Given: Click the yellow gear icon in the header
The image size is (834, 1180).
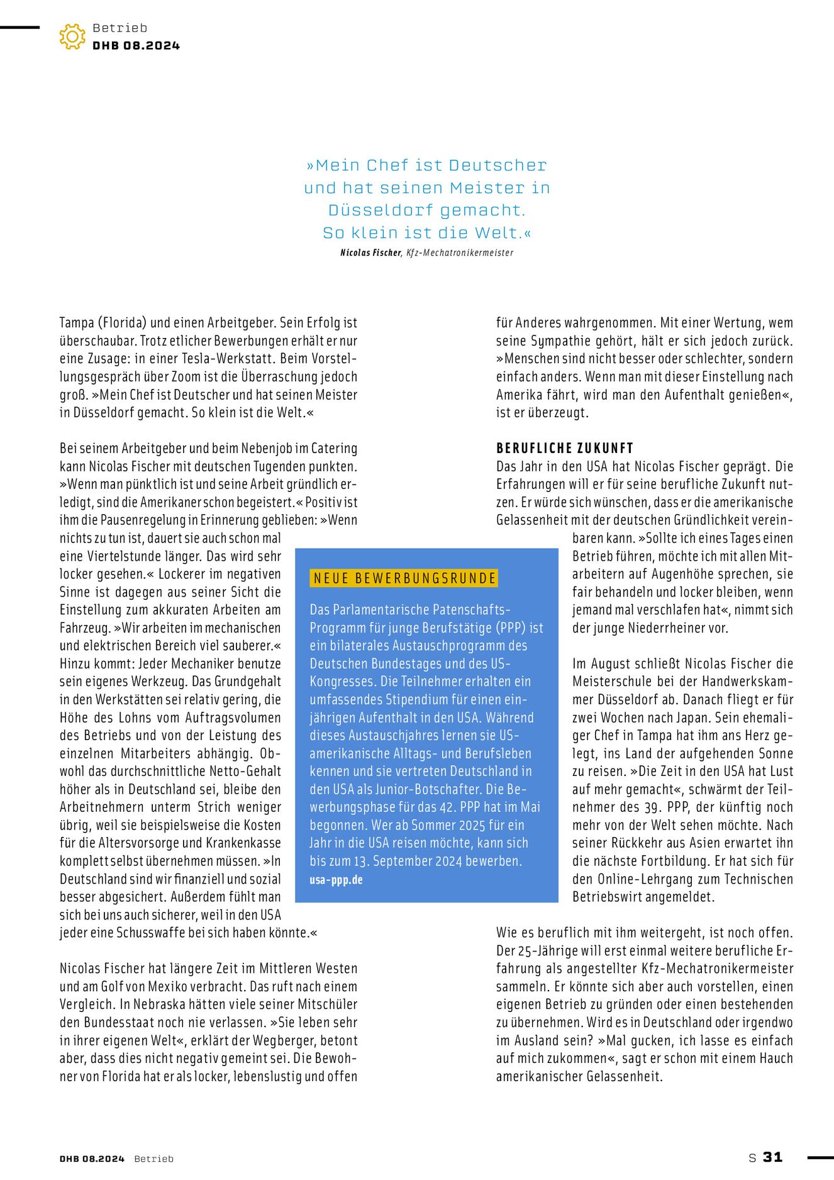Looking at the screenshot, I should [72, 37].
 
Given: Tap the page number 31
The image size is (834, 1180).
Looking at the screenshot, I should [772, 1157].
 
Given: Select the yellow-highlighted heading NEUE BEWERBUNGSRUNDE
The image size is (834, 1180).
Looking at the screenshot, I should [404, 578].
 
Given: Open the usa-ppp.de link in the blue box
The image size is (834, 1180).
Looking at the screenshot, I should [336, 880].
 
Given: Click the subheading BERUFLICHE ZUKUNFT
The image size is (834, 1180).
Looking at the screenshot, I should [565, 448].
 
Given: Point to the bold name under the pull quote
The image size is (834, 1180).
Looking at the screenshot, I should [370, 253].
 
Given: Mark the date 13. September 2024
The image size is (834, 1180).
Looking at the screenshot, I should [434, 861].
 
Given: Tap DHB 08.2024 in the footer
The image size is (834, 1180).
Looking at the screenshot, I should [92, 1159].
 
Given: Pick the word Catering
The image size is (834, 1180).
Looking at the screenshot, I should [334, 448].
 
